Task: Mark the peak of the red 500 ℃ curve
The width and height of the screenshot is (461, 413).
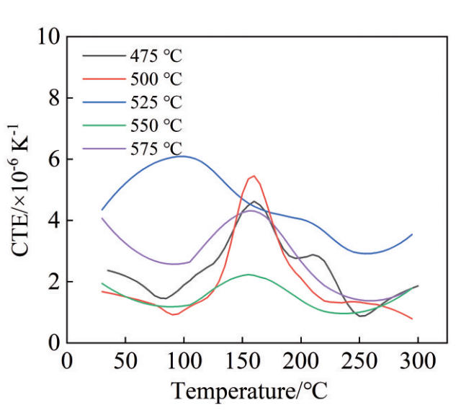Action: coord(254,176)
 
